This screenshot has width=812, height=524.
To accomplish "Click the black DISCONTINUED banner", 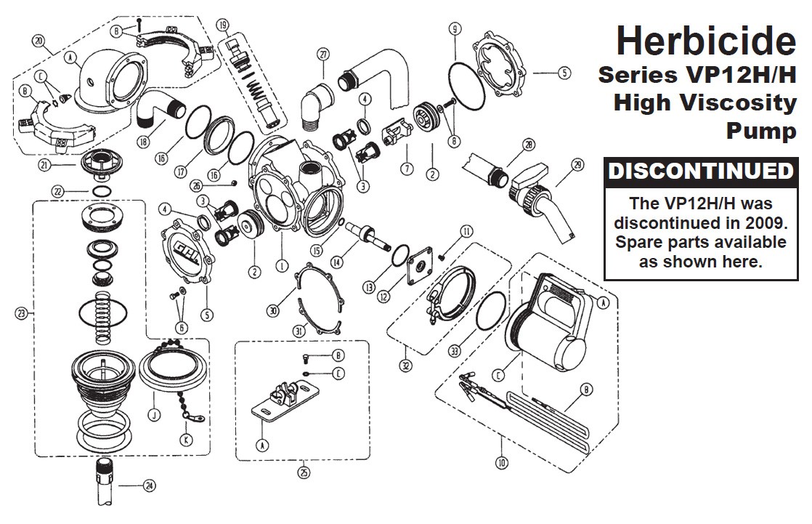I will [x=699, y=172].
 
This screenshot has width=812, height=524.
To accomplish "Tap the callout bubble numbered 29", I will [x=577, y=165].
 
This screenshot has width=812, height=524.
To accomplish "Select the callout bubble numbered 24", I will [x=149, y=486].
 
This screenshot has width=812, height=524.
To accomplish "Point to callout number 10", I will [x=502, y=461].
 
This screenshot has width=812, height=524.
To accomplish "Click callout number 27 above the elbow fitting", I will [x=323, y=53].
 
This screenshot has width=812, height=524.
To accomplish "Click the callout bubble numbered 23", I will [x=21, y=313].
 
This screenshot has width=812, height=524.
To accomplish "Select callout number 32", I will [x=405, y=366].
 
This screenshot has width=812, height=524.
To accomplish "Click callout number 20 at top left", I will [x=39, y=41].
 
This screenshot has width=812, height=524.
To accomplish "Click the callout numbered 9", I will [x=454, y=30].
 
